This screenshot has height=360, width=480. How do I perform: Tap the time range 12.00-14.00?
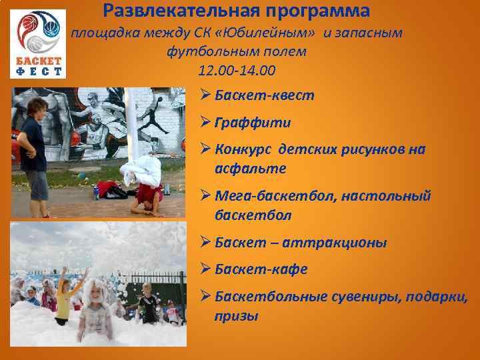[x=237, y=70]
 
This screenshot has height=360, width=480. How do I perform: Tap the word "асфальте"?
[x=250, y=169]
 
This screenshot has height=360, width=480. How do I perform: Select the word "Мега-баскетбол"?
[x=274, y=196]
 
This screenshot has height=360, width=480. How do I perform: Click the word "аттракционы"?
[x=334, y=242]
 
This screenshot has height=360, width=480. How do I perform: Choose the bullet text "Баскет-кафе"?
[x=261, y=269]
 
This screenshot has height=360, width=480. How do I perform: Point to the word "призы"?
[x=236, y=316]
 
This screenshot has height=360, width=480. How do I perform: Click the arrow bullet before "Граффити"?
[x=205, y=123]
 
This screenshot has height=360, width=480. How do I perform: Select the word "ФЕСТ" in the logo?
[x=39, y=71]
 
